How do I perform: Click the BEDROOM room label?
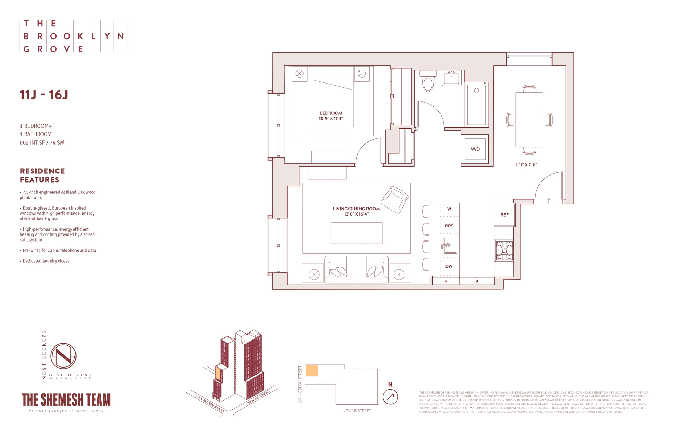[331, 113]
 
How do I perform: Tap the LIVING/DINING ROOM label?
[356, 209]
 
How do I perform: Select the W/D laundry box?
[475, 149]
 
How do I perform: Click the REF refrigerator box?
[504, 215]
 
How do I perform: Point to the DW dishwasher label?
[449, 266]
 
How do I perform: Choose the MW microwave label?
[449, 225]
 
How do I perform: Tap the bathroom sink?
[451, 78]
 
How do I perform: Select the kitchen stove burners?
[504, 251]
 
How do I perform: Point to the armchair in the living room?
[395, 199]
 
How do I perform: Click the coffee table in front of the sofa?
[356, 233]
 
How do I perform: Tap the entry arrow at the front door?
[549, 201]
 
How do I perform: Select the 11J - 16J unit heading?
[44, 95]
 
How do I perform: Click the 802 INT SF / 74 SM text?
[42, 143]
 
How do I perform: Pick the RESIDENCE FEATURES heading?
[42, 176]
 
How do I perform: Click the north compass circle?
[390, 397]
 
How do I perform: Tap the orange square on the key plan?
[312, 371]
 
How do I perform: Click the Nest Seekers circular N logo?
[64, 356]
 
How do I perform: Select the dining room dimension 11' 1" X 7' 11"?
[526, 165]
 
